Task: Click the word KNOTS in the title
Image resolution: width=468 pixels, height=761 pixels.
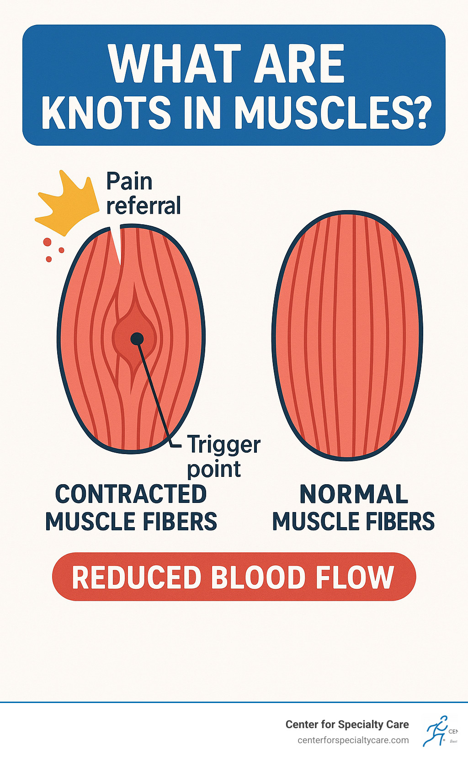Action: pos(106,112)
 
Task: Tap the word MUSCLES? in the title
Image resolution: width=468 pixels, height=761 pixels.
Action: pos(333,112)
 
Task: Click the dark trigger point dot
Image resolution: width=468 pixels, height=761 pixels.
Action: pos(137,338)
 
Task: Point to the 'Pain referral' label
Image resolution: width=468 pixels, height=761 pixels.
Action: pos(143,194)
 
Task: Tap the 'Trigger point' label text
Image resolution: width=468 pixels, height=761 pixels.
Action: pos(223,456)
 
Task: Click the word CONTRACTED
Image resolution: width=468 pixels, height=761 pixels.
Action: pos(131,494)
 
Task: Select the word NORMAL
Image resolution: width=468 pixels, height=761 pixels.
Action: pos(353,494)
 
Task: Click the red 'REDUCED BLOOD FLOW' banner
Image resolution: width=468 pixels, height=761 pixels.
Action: pos(234,577)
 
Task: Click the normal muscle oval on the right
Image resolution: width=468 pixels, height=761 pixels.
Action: pos(347,336)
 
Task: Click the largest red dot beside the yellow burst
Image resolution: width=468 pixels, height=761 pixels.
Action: pos(47,242)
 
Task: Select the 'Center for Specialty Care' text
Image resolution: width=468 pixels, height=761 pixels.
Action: pos(347,724)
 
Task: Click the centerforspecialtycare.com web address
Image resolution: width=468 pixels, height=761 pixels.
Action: pos(353,740)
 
